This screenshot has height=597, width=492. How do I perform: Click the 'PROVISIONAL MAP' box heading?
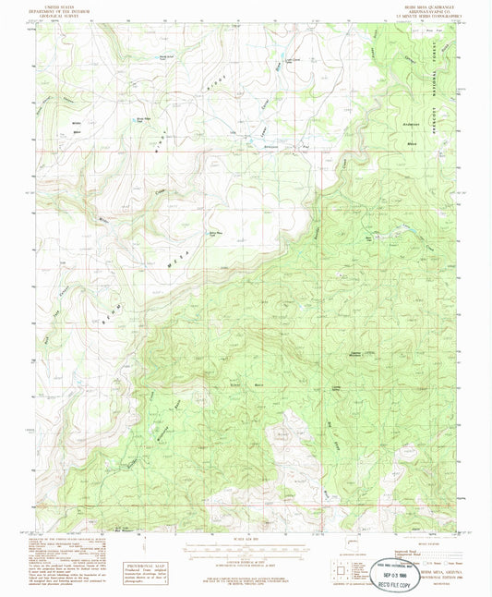point(138,563)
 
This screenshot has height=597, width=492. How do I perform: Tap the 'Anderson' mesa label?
point(412,123)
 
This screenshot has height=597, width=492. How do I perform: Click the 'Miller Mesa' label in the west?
point(76,125)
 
